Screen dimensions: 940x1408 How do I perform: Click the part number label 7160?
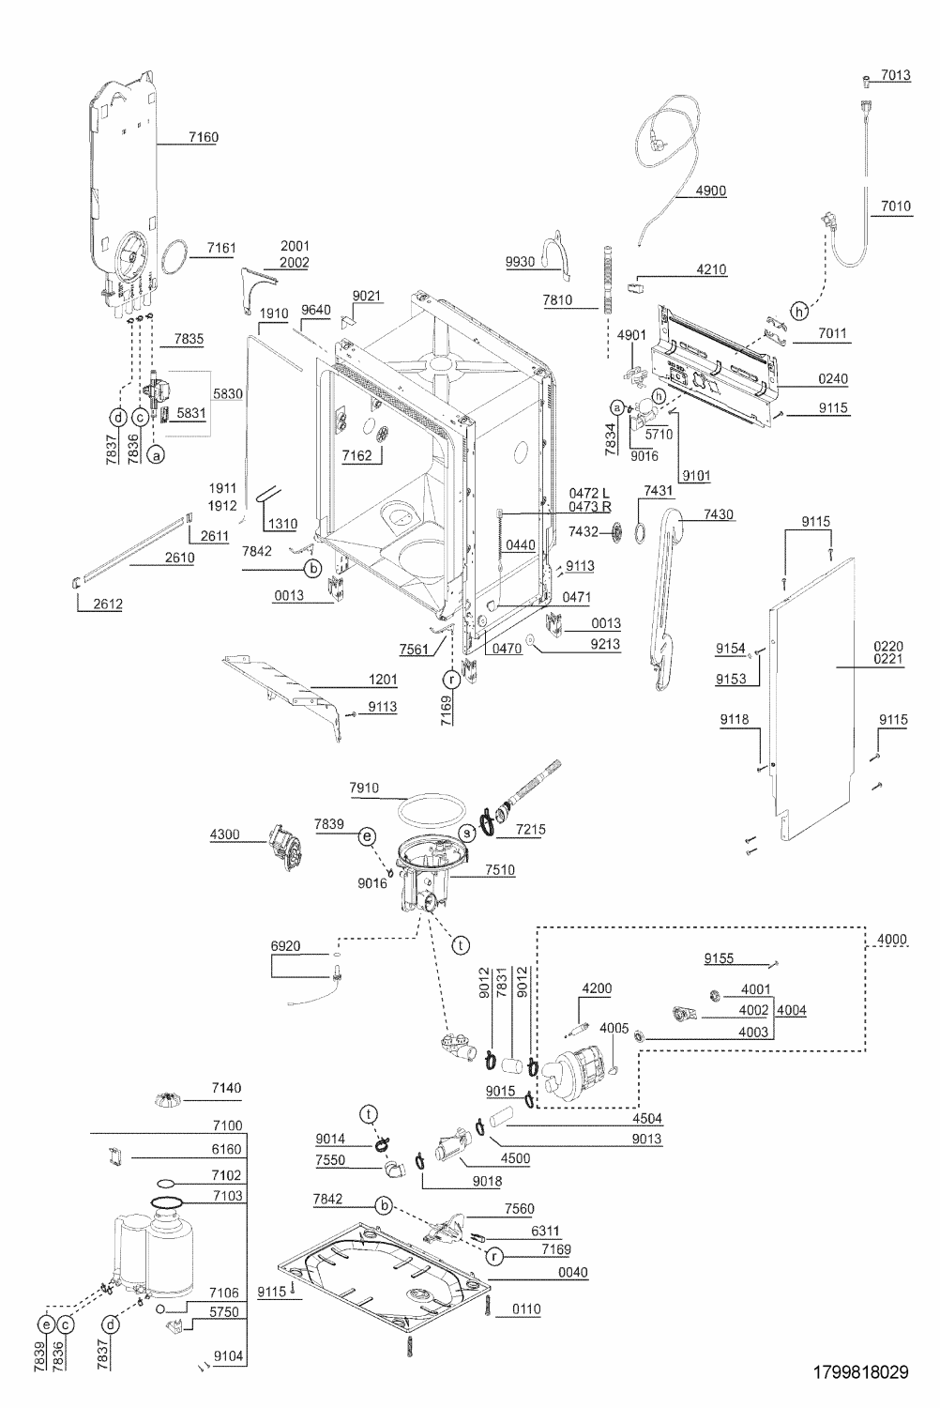(x=203, y=137)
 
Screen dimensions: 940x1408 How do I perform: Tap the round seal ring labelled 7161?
(x=175, y=257)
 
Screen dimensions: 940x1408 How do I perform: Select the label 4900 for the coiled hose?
(x=711, y=191)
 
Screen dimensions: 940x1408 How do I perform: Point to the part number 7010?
(x=895, y=207)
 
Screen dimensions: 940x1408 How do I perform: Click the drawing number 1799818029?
(x=861, y=1371)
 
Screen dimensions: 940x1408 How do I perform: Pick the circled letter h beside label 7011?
(x=798, y=311)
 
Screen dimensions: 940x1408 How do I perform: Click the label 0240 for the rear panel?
(x=832, y=378)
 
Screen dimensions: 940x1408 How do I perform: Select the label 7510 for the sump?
(x=499, y=870)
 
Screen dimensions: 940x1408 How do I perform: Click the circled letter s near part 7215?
(x=467, y=834)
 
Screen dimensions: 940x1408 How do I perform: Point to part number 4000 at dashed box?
(x=891, y=939)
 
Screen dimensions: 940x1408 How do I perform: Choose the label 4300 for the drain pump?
(x=224, y=834)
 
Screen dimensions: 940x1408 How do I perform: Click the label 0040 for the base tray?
(x=572, y=1272)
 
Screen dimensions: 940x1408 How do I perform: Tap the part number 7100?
(x=227, y=1125)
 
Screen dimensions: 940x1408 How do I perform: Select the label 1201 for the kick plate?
(x=382, y=679)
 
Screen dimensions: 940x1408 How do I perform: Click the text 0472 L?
(x=589, y=494)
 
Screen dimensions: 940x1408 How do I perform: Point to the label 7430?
(x=719, y=514)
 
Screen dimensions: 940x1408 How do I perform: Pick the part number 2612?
(x=108, y=604)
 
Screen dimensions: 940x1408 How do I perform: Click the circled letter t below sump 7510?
(x=461, y=944)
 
